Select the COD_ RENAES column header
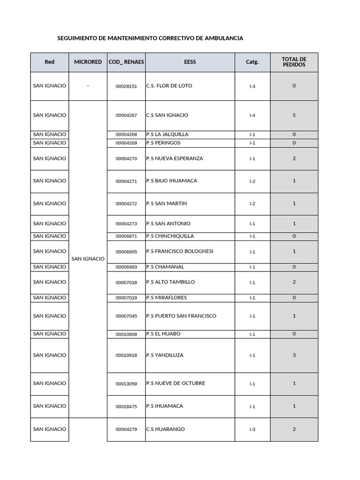click(126, 62)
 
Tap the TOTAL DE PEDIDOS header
click(294, 62)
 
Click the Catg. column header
click(252, 62)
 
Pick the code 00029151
click(126, 86)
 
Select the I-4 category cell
click(252, 115)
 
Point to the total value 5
click(294, 115)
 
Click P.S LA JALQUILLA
click(167, 135)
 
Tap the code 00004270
click(126, 159)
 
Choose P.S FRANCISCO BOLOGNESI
click(180, 251)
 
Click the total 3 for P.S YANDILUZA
click(294, 355)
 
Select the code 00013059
click(126, 384)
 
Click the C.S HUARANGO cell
click(165, 429)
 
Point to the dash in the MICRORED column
click(88, 86)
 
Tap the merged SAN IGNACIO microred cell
click(88, 259)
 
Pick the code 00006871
click(126, 237)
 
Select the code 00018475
click(126, 407)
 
